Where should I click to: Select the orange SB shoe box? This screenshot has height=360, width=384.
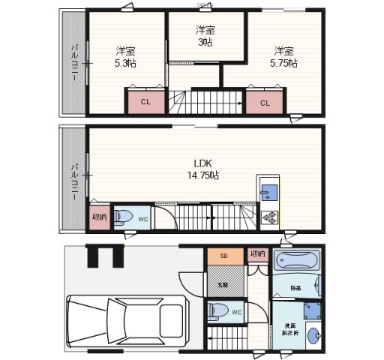tap(223, 256)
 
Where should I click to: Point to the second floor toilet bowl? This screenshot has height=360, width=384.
tap(127, 218)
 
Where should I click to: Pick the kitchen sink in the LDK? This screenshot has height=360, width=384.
tap(268, 193)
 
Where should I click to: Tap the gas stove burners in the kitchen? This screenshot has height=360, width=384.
tap(268, 218)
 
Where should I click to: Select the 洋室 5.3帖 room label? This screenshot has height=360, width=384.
tap(125, 57)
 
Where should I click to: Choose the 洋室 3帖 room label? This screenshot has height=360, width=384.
tap(204, 36)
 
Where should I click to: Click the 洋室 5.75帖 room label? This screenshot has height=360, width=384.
tap(283, 57)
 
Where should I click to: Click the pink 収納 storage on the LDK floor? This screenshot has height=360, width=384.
tap(98, 217)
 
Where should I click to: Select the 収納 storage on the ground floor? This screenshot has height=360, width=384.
tap(257, 254)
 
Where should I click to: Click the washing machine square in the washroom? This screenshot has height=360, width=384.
tap(311, 311)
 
